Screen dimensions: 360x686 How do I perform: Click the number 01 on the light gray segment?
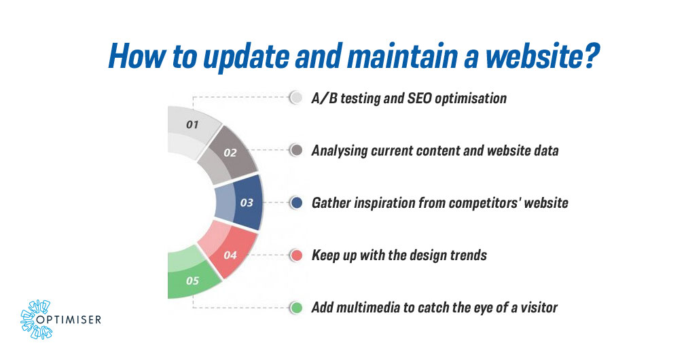[x=192, y=124]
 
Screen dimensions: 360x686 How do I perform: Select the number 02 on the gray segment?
[x=230, y=153]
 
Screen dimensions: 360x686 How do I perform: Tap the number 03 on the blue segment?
[x=247, y=202]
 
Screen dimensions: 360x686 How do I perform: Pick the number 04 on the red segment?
[x=230, y=255]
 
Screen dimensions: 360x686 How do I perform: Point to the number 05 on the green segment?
[x=192, y=281]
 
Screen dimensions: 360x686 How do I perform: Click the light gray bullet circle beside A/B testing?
[x=295, y=98]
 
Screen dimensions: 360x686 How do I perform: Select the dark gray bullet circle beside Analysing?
[x=295, y=150]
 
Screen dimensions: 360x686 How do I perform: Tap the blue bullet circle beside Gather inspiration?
[x=295, y=202]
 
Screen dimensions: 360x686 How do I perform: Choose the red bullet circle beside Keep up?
[x=295, y=255]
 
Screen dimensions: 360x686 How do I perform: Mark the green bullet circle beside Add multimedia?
[x=295, y=308]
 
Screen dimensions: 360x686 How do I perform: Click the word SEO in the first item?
[x=410, y=98]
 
